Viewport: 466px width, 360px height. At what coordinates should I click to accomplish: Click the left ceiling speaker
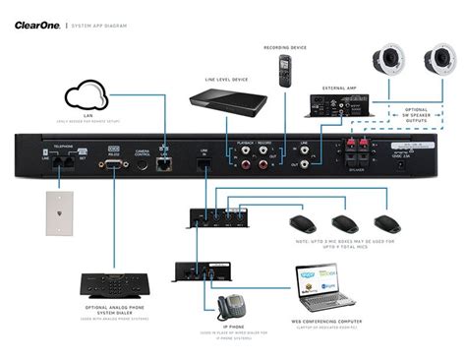tap(387, 62)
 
